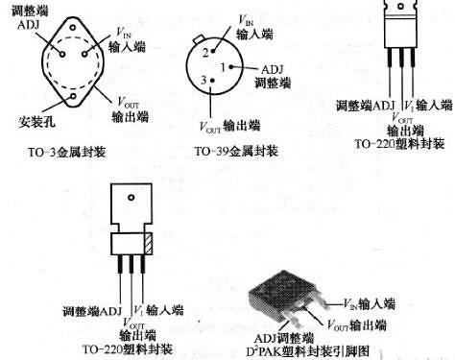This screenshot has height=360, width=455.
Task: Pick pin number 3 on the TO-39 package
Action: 204,81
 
